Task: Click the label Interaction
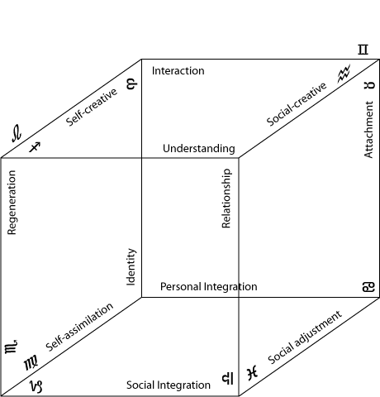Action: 178,71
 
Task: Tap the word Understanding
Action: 199,149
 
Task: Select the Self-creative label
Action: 92,108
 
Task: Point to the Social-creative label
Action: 297,104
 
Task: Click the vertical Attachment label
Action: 368,130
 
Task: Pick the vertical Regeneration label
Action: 12,203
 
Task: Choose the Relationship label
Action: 226,198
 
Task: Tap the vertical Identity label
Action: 131,267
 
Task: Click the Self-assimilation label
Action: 79,328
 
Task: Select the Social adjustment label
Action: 305,337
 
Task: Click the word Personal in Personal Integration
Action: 181,287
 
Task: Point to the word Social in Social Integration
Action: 137,385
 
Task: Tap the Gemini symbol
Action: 363,50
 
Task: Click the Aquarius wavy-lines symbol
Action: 344,74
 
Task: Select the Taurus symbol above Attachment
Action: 369,85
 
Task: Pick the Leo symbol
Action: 17,133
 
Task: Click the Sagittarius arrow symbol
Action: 35,147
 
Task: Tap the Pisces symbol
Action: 253,373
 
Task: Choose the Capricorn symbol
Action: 36,386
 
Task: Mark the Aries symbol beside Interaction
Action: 131,84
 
